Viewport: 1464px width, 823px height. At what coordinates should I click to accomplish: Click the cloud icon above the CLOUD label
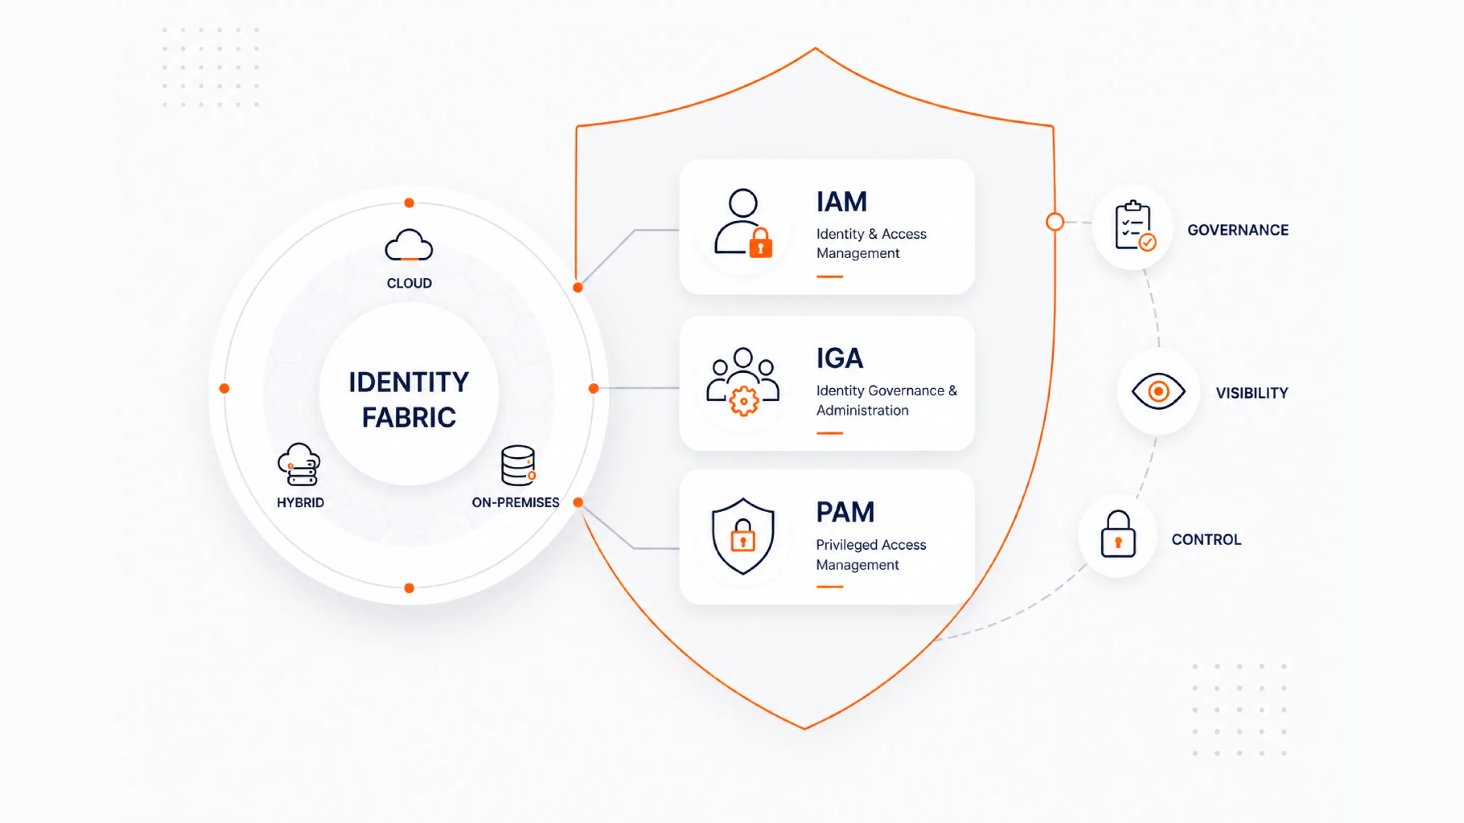click(409, 245)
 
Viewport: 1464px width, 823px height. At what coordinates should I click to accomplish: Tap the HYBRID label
click(300, 502)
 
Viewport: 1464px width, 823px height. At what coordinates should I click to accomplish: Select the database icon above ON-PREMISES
click(518, 465)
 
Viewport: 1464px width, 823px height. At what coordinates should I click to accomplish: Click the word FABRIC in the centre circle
click(409, 418)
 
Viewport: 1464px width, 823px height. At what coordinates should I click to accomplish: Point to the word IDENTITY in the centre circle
click(409, 382)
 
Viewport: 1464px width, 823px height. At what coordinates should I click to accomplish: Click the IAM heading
click(842, 202)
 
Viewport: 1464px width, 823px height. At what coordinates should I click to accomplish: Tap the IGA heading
click(840, 358)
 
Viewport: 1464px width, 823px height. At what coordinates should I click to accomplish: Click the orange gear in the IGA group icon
click(743, 401)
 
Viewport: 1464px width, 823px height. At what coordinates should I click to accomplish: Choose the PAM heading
click(845, 512)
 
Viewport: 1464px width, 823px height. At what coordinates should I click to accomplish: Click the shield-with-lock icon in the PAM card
click(743, 536)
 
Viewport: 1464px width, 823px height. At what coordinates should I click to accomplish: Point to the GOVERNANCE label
click(1238, 230)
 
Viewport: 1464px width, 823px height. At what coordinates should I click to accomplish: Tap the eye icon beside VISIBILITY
click(1158, 391)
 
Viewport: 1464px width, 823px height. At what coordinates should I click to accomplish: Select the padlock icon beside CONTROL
click(1118, 534)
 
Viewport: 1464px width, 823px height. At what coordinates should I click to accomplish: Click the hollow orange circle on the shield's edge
click(1055, 221)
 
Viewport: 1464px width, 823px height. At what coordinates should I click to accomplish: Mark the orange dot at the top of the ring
click(409, 203)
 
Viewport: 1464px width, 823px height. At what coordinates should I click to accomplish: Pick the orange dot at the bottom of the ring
click(409, 588)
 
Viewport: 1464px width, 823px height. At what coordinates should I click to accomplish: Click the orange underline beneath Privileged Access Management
click(830, 587)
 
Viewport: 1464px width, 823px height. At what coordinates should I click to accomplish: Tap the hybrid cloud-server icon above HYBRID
click(299, 465)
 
